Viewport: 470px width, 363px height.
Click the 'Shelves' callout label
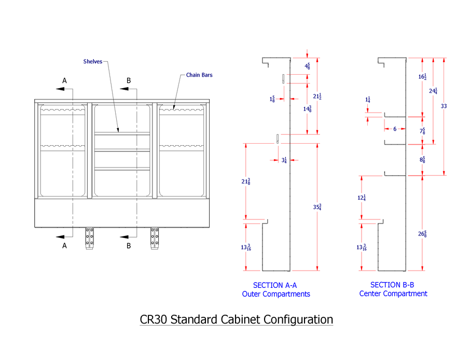[x=92, y=61]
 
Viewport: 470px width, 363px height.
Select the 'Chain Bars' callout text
[x=199, y=75]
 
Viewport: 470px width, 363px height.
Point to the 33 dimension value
[x=444, y=106]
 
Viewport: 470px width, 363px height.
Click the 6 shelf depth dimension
[x=394, y=129]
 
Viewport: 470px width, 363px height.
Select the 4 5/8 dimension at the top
[x=308, y=66]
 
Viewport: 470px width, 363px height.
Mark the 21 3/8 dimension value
[x=246, y=181]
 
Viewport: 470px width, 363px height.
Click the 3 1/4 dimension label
[x=284, y=160]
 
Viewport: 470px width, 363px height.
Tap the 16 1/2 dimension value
[x=423, y=77]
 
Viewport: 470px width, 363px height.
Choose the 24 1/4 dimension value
[x=433, y=91]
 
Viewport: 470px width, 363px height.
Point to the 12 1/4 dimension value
[x=362, y=198]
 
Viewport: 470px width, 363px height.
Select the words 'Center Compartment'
[x=393, y=294]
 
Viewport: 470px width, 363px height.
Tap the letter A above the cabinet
[x=65, y=80]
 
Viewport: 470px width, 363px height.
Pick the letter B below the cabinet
[x=129, y=246]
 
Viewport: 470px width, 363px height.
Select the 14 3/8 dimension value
[x=307, y=108]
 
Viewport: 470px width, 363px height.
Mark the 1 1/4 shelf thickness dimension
[x=368, y=99]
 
